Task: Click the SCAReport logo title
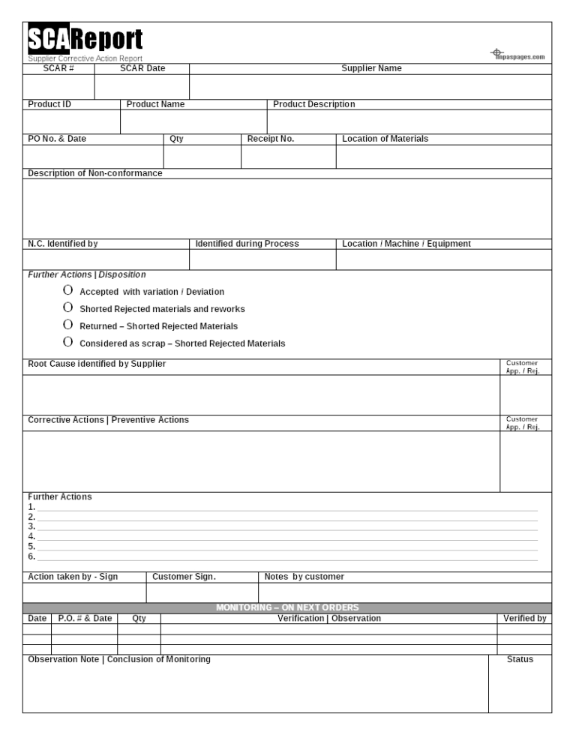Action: (85, 39)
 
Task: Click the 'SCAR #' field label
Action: (58, 68)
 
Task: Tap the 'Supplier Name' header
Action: (371, 68)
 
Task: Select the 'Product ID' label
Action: (49, 104)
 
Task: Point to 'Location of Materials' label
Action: (385, 139)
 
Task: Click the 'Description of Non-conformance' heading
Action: (95, 173)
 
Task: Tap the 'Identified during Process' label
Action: (247, 244)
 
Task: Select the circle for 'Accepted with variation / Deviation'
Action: (68, 291)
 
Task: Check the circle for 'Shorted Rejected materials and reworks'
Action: (68, 308)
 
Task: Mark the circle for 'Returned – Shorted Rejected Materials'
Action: (68, 325)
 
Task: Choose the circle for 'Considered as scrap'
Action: (68, 343)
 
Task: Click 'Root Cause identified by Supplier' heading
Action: (97, 364)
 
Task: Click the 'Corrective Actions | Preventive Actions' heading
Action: (108, 420)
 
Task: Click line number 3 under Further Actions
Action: (285, 526)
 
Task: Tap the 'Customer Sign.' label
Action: (184, 577)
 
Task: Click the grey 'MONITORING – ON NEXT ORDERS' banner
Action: (287, 607)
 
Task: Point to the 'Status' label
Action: (520, 659)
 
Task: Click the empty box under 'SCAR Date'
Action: (142, 86)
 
